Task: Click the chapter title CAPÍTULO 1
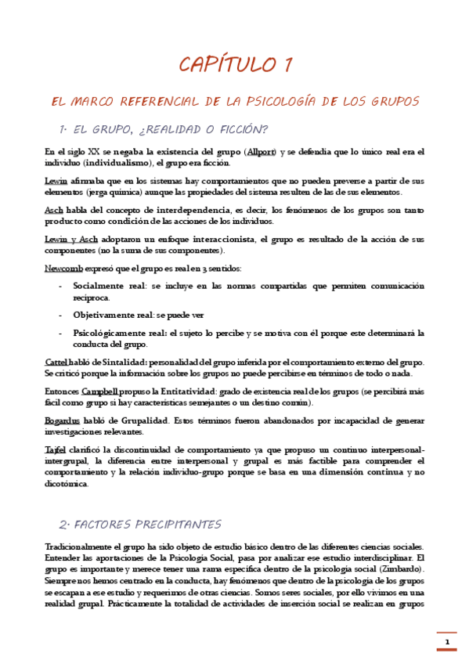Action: coord(234,65)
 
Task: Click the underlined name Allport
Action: coord(261,151)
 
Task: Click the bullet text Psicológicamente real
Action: coord(121,333)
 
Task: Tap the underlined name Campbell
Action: coord(99,391)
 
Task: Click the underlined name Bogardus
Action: coord(62,420)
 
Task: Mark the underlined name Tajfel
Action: coord(56,449)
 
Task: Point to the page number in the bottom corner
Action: coord(447,643)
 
